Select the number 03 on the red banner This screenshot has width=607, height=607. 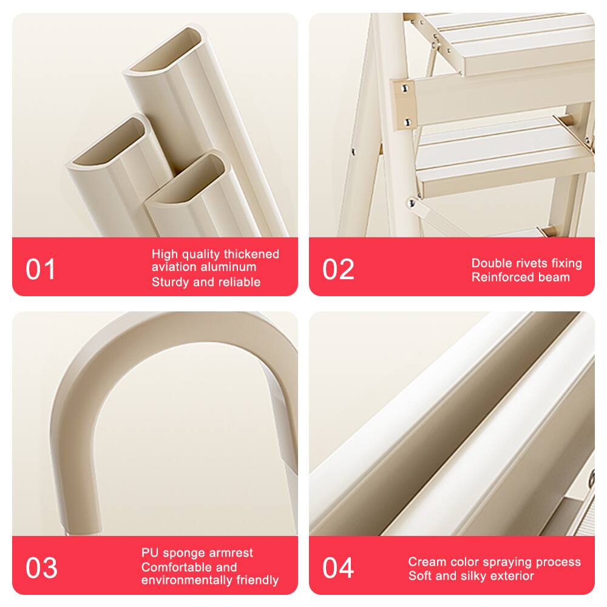click(41, 568)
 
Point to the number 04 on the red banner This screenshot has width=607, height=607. click(338, 568)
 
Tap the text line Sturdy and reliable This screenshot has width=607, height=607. click(206, 282)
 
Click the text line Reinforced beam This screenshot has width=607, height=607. click(520, 277)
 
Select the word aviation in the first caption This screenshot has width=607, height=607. click(174, 267)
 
